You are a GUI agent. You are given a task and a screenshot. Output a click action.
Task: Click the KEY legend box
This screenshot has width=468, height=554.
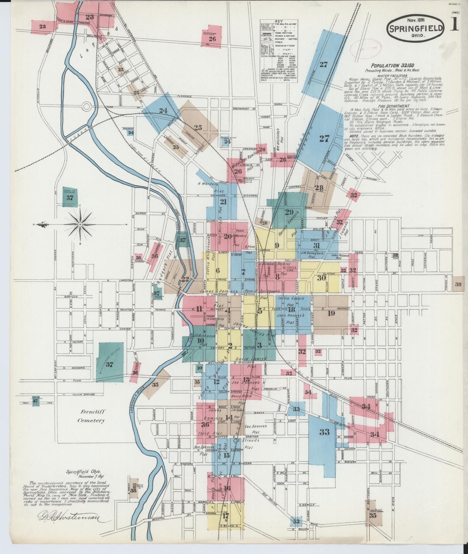point(280,51)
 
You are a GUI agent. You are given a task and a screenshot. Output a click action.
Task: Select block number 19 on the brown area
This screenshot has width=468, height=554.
point(331,313)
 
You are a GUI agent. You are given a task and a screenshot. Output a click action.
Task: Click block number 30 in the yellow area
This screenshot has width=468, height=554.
point(321,278)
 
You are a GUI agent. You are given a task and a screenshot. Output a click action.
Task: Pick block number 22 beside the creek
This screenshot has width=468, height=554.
point(185,279)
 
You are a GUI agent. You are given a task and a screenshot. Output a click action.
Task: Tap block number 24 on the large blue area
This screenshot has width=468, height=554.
point(163,110)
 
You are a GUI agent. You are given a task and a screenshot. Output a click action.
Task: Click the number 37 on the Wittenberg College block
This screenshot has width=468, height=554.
point(109,364)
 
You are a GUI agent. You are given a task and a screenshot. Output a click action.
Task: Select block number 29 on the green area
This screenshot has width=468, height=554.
point(289,212)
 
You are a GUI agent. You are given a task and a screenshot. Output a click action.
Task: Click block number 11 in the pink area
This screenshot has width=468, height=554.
point(199,309)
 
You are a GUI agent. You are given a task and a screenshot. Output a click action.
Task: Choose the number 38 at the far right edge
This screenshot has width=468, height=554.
point(458,284)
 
